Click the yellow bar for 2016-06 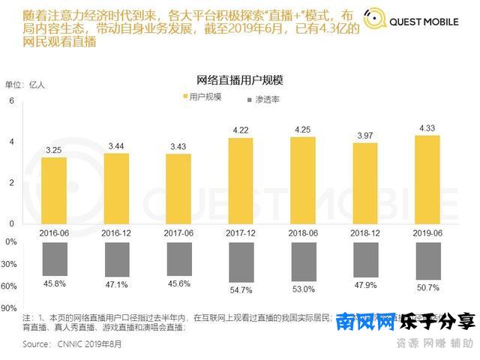click(x=54, y=190)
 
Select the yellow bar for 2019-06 click(x=427, y=179)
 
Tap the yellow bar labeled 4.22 click(x=241, y=181)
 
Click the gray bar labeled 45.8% click(x=54, y=258)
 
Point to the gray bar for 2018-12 click(x=365, y=259)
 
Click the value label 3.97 click(x=365, y=134)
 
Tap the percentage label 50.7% click(x=427, y=286)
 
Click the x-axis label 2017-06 click(x=178, y=233)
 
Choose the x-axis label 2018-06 click(x=303, y=233)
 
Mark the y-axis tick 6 click(x=11, y=101)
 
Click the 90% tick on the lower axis click(x=9, y=307)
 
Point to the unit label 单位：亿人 click(x=25, y=84)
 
